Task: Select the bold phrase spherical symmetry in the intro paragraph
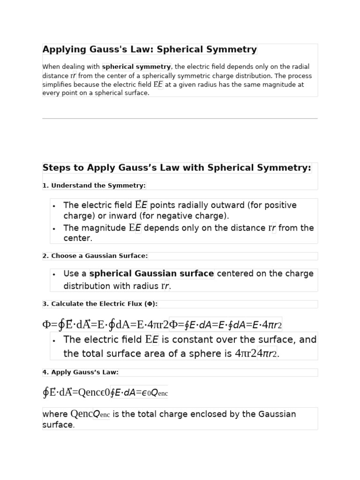pos(136,67)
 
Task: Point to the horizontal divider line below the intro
pos(180,119)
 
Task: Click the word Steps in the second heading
pos(55,168)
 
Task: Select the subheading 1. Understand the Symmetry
pos(94,186)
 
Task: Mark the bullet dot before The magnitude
pos(54,229)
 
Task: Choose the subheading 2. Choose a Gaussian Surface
pos(95,256)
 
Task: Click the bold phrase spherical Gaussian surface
pos(151,274)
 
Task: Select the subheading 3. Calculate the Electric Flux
pos(100,304)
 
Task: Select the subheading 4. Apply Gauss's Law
pos(80,372)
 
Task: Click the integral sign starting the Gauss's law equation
pos(45,392)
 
